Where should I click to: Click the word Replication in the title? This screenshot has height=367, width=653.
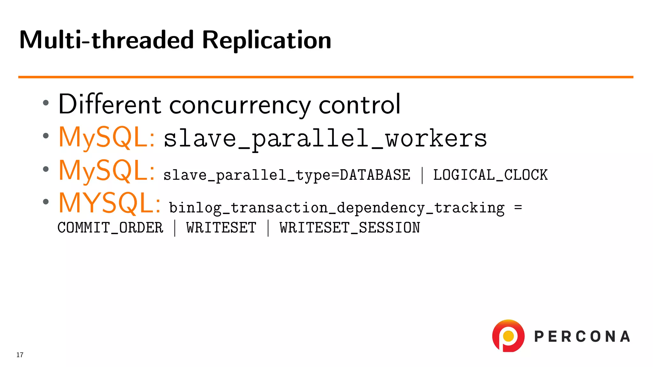(x=267, y=40)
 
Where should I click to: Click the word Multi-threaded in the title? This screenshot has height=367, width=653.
(x=106, y=40)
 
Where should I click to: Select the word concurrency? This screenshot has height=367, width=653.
(x=240, y=106)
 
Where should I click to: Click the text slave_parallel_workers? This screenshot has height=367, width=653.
(x=325, y=139)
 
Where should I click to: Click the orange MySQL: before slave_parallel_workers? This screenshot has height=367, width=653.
(x=107, y=138)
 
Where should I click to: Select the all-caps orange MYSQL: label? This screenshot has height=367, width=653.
(x=109, y=203)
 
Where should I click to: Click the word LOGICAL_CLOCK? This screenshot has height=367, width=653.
(x=490, y=175)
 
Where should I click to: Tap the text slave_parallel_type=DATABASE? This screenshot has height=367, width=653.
(x=287, y=175)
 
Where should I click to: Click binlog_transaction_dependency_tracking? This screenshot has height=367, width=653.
(x=337, y=208)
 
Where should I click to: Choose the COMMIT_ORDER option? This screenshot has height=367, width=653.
(x=110, y=228)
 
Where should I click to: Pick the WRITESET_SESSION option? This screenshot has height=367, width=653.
(x=350, y=228)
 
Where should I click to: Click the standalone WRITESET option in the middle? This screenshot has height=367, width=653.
(x=221, y=228)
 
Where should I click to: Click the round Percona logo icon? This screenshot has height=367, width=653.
(x=508, y=336)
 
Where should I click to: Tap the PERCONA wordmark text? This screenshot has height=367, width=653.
(x=582, y=337)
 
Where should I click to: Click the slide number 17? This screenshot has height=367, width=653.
(x=20, y=355)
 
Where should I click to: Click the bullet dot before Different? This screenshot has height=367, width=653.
(x=46, y=103)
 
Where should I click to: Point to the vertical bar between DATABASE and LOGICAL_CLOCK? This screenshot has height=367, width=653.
(x=422, y=175)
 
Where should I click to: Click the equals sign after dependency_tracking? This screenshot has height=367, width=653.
(x=518, y=208)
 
